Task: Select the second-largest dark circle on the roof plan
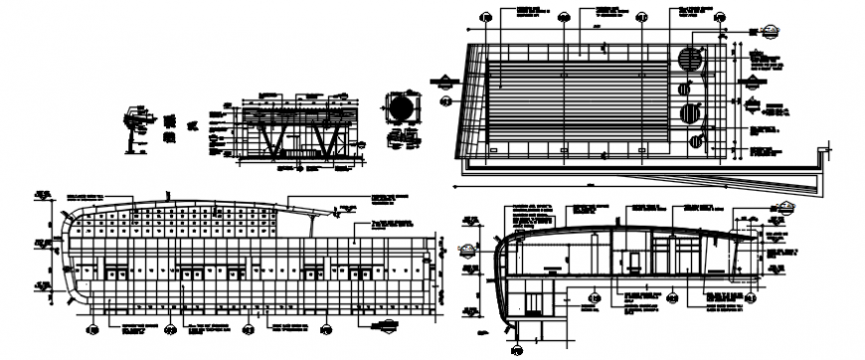click(x=688, y=113)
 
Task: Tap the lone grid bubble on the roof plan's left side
click(x=444, y=100)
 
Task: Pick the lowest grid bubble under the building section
click(x=518, y=349)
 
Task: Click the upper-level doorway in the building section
click(x=633, y=261)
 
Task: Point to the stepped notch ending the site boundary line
click(x=823, y=154)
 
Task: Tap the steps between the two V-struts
click(x=294, y=152)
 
